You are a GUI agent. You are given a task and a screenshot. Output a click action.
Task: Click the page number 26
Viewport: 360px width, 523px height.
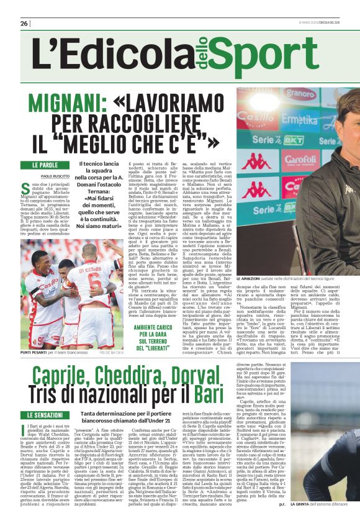tap(24, 23)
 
